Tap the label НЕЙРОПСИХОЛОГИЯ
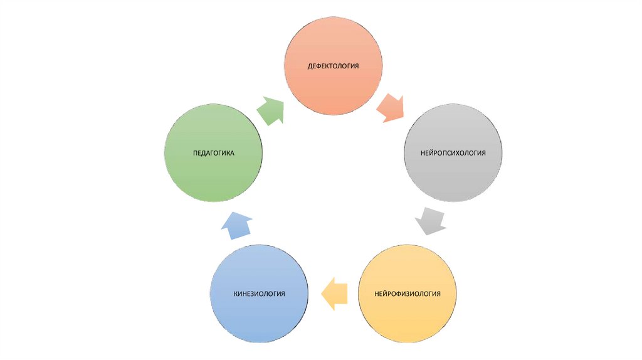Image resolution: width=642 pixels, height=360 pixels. point(453,153)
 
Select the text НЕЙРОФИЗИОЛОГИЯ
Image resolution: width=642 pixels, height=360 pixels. point(408,294)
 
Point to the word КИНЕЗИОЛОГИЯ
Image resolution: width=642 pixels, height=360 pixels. point(259,294)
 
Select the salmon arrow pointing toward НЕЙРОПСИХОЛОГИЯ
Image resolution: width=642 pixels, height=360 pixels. point(391,108)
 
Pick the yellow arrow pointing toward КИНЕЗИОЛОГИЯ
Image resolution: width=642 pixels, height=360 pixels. point(335,293)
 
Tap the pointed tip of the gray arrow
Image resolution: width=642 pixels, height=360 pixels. point(426,234)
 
